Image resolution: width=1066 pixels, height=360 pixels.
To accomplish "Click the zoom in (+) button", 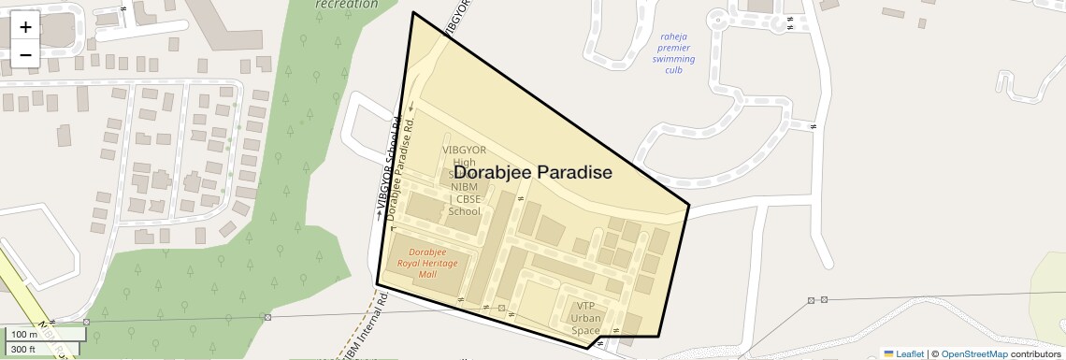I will pos(25,27).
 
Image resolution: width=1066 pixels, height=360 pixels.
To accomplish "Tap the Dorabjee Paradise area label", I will pos(533,173).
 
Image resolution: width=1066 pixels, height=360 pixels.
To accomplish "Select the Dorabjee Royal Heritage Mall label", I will pos(428,263).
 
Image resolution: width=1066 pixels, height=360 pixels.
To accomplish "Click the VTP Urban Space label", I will pos(585,318).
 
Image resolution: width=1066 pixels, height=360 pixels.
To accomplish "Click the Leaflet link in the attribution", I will pos(910,353).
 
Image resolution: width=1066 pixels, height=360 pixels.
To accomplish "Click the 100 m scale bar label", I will pos(24,334).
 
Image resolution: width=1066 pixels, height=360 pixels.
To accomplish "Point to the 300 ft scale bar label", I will pos(23,349).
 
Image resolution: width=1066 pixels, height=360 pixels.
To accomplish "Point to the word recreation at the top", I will pos(347,5).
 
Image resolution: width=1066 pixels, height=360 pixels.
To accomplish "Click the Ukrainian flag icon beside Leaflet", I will pos(888,353).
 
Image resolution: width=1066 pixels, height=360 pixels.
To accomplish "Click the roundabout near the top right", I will pos(718,16).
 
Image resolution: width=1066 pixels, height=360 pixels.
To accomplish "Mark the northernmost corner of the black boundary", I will pos(413,13).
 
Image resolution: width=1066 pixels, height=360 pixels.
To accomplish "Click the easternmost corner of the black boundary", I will pos(689,205).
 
